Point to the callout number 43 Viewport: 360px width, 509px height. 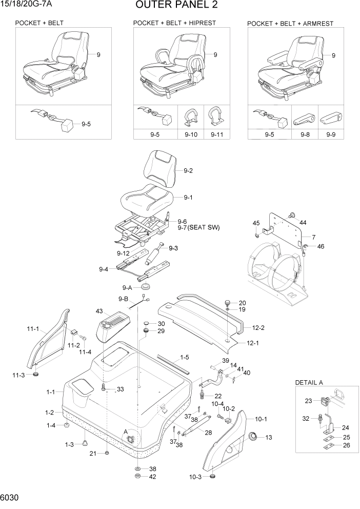click(x=99, y=311)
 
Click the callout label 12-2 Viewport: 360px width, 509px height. click(x=257, y=327)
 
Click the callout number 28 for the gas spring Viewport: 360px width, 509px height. click(x=208, y=433)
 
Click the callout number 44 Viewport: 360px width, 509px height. click(x=303, y=222)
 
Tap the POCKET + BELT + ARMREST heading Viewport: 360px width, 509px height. click(x=290, y=24)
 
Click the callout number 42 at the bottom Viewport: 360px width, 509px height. click(x=152, y=477)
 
